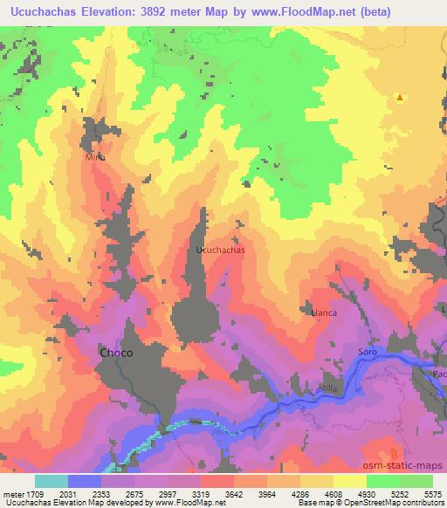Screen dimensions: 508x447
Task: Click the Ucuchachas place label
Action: coord(220,250)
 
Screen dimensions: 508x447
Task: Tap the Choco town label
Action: coord(116,353)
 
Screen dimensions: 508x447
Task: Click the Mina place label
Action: coord(95,158)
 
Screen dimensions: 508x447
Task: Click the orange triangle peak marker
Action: coord(399,98)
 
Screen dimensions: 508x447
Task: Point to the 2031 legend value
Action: coord(79,493)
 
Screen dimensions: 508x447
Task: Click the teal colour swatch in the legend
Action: coord(52,481)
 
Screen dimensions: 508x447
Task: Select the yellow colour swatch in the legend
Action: coord(349,481)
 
